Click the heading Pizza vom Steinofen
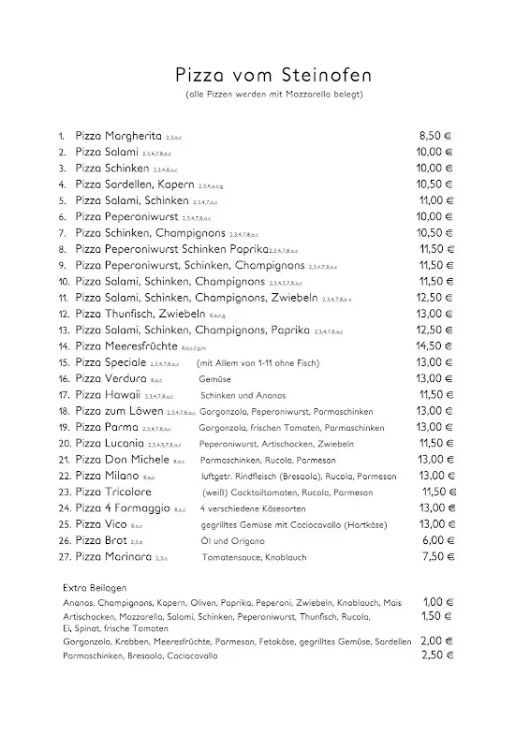[x=265, y=73]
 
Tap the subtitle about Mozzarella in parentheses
[x=265, y=95]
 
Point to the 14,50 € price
[x=435, y=345]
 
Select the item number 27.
[x=64, y=557]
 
